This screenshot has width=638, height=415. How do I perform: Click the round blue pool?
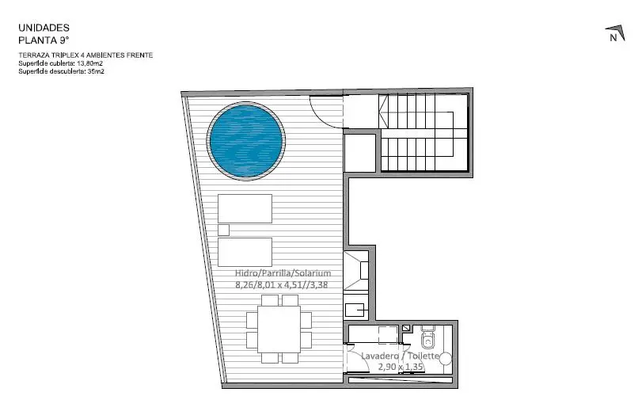click(x=245, y=140)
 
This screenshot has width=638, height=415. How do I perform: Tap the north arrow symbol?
click(x=615, y=33)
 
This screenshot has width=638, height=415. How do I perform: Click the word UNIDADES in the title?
click(x=44, y=28)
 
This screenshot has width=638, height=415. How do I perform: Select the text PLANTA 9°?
click(x=44, y=40)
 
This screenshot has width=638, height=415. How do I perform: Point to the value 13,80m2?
click(x=89, y=63)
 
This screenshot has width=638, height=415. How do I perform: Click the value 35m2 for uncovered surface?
click(x=96, y=71)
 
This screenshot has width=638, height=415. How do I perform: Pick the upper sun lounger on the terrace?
click(x=245, y=208)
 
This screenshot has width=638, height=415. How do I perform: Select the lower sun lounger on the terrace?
click(x=245, y=252)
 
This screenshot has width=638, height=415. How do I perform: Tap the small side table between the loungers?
click(x=223, y=230)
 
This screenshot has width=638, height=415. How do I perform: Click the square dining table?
click(x=279, y=329)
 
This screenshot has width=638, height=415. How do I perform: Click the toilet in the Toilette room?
click(x=427, y=337)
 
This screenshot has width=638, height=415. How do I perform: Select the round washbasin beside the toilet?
click(x=446, y=359)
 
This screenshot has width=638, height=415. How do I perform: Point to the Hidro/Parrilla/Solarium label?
click(x=283, y=273)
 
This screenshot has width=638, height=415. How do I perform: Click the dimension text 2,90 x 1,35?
click(x=401, y=367)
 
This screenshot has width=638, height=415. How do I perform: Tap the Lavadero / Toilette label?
click(x=401, y=356)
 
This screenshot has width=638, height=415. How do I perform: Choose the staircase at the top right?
click(x=423, y=132)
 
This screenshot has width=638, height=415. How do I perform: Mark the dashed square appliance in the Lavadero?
click(x=388, y=335)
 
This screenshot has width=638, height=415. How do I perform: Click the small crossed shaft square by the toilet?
click(x=406, y=328)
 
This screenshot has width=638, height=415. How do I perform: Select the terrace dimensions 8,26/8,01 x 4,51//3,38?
click(x=282, y=284)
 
